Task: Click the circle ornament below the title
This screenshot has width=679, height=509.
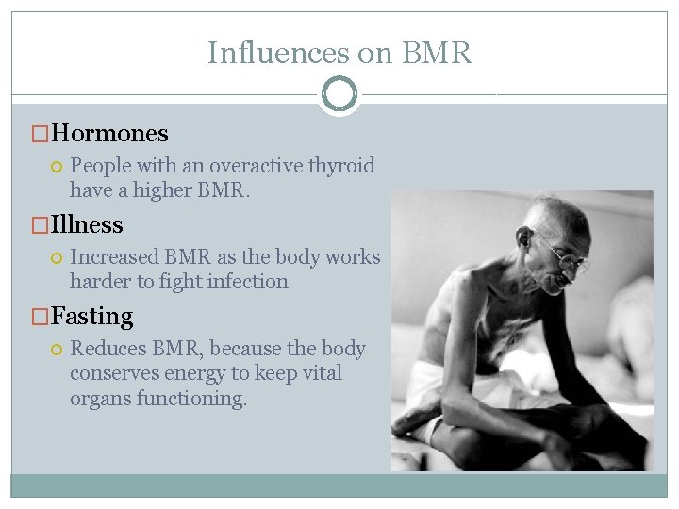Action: [339, 94]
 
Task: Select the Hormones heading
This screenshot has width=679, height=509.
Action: [110, 134]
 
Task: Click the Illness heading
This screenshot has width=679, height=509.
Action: [87, 225]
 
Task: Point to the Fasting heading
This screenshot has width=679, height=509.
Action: [92, 317]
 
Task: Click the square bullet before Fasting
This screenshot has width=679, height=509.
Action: [40, 318]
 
